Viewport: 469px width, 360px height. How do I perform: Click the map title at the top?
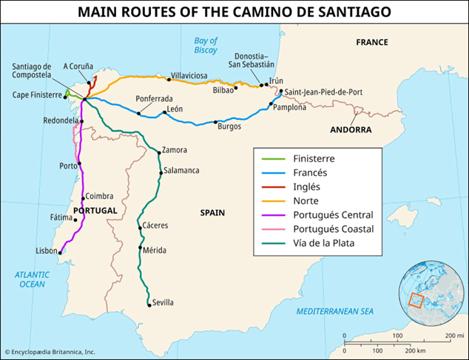coord(234,12)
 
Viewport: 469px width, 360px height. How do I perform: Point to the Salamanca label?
coord(181,171)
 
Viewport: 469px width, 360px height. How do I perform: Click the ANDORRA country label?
coord(351,129)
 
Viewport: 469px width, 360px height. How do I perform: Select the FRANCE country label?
coord(371,42)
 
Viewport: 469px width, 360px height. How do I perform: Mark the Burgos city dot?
coord(215,122)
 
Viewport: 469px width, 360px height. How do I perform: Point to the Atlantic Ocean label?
coord(33,279)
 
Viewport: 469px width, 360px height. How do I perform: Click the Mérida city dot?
coord(141,248)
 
